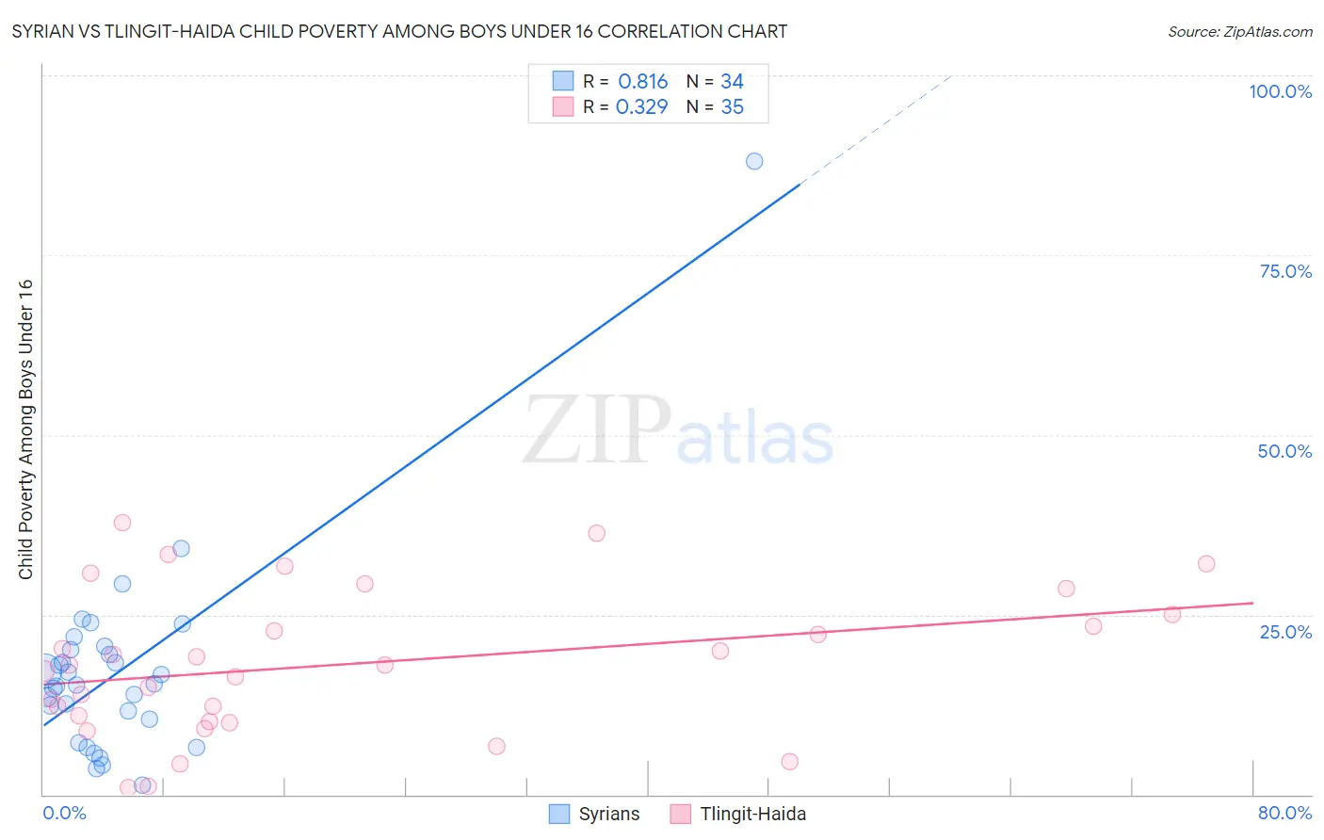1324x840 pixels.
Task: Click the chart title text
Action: pos(399,31)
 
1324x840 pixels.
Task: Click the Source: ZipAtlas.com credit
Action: pos(1239,31)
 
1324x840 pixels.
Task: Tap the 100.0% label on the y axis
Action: pos(1280,91)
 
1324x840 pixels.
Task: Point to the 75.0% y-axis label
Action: pos(1285,271)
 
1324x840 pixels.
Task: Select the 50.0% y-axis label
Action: pos(1284,451)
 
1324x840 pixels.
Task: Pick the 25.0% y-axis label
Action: pos(1285,632)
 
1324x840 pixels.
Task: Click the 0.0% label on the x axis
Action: pos(64,813)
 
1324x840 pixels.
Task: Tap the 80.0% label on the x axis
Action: pos(1284,813)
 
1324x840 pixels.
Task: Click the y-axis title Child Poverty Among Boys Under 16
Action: pos(25,429)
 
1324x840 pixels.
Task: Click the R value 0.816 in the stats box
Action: pos(642,82)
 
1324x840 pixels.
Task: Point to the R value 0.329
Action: pos(641,107)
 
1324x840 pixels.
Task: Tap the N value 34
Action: pos(732,82)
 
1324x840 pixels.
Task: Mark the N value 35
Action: pos(732,107)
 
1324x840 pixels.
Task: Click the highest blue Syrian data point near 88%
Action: pos(754,161)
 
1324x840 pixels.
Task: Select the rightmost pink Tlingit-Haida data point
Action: pos(1206,564)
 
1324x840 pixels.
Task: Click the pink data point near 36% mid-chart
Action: pos(596,533)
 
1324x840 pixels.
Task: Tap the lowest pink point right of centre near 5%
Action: pos(790,762)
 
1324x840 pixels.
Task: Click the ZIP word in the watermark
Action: pos(597,431)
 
